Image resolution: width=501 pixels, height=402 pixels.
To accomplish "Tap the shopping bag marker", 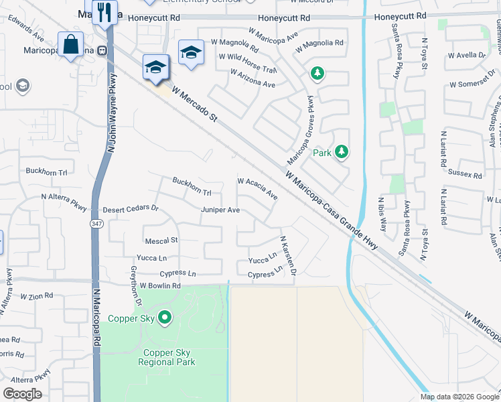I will (x=70, y=46).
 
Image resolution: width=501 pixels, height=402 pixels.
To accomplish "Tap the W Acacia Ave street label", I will (x=258, y=188).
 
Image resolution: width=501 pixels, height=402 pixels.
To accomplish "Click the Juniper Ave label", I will (x=220, y=210).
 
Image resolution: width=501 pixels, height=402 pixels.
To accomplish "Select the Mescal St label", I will (x=161, y=240).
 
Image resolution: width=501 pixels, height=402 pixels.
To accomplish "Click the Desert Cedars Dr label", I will (x=131, y=208).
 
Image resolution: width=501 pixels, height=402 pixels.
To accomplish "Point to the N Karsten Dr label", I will (x=287, y=255).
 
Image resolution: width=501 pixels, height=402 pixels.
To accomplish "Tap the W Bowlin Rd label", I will (x=160, y=286).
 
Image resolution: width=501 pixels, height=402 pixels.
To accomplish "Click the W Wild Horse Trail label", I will (x=248, y=64).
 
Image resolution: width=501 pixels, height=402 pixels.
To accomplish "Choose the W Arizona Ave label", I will (x=252, y=80).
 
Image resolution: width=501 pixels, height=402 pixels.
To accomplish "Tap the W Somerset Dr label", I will (x=476, y=84).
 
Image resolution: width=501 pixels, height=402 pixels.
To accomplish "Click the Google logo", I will (x=23, y=394).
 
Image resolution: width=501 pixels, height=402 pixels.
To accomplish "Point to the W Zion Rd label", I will (x=36, y=296).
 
